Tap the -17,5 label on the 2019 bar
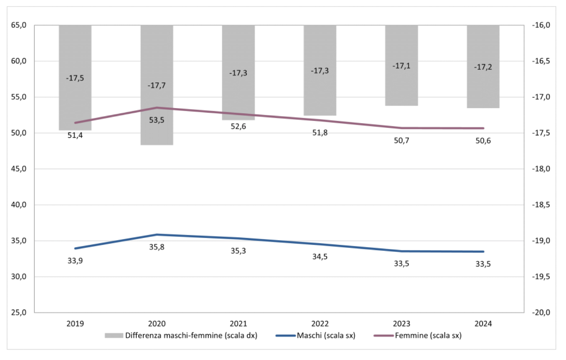tap(75, 78)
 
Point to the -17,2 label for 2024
tap(483, 67)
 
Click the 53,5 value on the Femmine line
tap(157, 120)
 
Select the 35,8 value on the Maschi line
tap(157, 247)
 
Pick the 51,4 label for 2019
tap(75, 136)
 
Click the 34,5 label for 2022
tap(320, 256)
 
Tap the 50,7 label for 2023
tap(402, 141)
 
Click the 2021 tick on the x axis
tap(238, 324)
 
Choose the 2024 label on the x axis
tap(483, 324)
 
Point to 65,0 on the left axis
tap(19, 25)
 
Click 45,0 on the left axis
tap(19, 169)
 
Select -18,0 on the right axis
tap(541, 169)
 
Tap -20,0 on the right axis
tap(541, 312)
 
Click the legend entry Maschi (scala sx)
tap(326, 335)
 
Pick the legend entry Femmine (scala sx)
tap(428, 335)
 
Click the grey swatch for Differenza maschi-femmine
tap(114, 335)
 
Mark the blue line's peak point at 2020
tap(157, 234)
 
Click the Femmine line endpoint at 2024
tap(483, 128)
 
